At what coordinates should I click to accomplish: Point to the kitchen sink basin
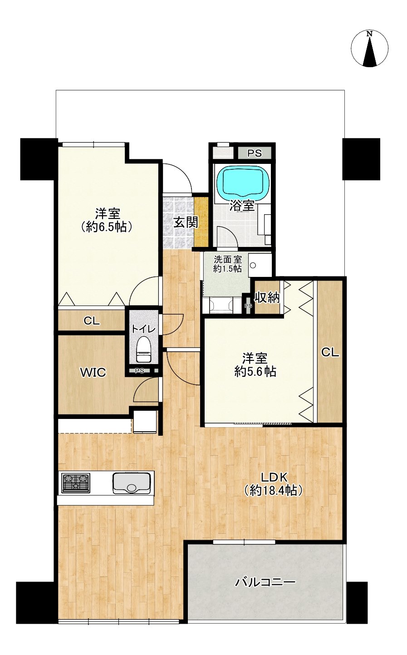[x=132, y=483]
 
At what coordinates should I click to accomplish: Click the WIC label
[x=93, y=373]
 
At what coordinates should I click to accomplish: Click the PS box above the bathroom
[x=255, y=153]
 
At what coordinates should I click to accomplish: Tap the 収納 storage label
[x=267, y=297]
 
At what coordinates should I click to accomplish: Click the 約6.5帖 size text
[x=108, y=227]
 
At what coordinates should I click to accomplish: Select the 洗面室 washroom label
[x=227, y=259]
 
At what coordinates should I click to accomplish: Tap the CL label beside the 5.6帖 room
[x=330, y=353]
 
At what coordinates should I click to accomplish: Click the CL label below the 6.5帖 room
[x=92, y=321]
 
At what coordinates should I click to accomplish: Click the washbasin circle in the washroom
[x=253, y=266]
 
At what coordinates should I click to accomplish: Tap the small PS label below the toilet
[x=140, y=371]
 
